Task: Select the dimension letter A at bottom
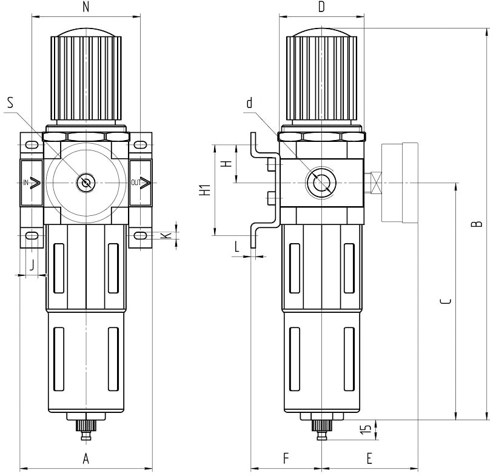86,459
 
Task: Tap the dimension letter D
321,7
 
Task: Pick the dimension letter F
286,459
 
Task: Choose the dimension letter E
369,459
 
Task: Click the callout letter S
10,102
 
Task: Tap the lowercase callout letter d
249,102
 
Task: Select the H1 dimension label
206,189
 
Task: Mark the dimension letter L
237,247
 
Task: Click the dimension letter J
31,265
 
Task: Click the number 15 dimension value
365,430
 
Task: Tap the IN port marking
26,183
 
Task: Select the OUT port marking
135,183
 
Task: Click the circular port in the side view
319,182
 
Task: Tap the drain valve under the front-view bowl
86,426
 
